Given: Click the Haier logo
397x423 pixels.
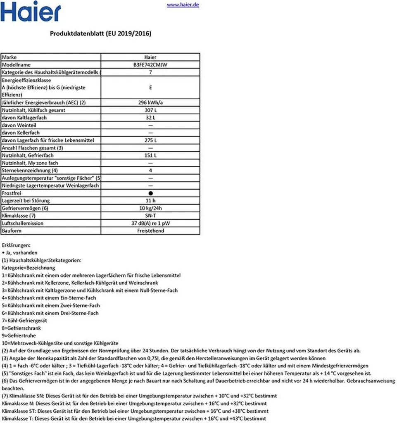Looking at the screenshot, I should (31, 12).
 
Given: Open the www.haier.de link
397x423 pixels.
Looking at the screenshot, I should (183, 5).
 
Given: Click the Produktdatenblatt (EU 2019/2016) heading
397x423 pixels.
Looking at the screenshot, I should (100, 34).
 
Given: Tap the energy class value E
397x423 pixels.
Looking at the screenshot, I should (150, 88).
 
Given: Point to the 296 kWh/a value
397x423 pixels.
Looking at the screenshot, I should (150, 103).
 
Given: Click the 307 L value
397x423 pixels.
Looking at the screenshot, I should (150, 110).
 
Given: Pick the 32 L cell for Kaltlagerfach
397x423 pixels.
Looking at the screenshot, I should (150, 118).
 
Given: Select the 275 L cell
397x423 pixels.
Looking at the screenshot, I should (150, 140).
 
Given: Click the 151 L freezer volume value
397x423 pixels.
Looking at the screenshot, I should (150, 155).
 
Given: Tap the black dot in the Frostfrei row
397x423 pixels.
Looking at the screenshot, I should (151, 193).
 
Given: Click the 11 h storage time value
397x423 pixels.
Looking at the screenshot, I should (150, 200).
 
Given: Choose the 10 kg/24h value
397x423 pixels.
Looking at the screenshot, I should (150, 208).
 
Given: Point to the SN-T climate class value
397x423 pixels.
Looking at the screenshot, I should (150, 216).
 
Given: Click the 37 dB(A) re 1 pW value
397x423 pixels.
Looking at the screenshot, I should (150, 223).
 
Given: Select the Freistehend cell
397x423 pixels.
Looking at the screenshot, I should (150, 231).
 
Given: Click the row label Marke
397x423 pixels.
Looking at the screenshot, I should (10, 57).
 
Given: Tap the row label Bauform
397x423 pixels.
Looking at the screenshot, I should (11, 231).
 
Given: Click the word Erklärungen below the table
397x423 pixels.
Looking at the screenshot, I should (16, 245).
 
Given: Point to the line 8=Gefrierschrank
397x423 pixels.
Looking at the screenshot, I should (21, 328).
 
